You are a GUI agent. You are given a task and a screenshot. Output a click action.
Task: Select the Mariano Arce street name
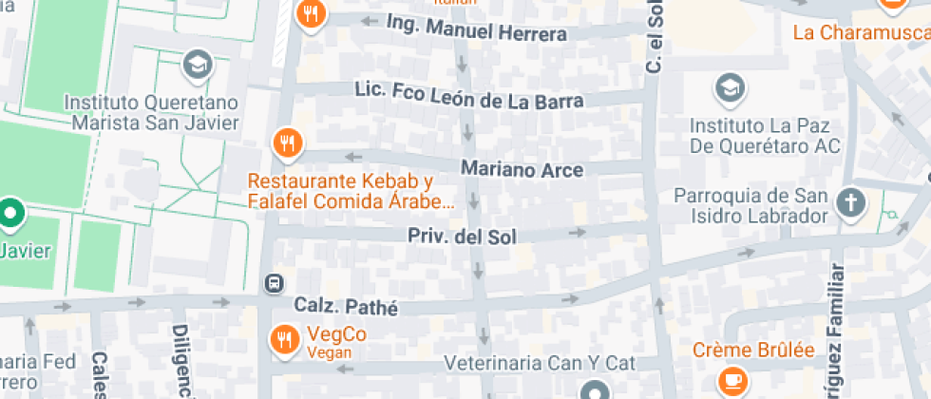(522, 168)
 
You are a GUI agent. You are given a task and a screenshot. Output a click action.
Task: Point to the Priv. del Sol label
(463, 237)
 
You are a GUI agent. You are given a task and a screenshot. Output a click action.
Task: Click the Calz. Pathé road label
(345, 307)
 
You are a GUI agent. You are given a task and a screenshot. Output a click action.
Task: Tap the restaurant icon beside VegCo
(284, 339)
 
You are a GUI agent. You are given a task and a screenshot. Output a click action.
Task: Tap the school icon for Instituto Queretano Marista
(198, 65)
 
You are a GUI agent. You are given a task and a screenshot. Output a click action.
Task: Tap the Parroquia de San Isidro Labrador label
(750, 206)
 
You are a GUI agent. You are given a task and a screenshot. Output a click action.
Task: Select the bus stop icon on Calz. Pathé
(273, 283)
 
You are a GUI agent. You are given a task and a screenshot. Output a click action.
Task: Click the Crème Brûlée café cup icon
(732, 379)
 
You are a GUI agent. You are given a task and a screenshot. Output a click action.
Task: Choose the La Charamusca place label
(861, 33)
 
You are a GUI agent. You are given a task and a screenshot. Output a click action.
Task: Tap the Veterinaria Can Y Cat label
(540, 363)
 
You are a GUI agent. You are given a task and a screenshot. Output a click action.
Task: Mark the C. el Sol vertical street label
(654, 38)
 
